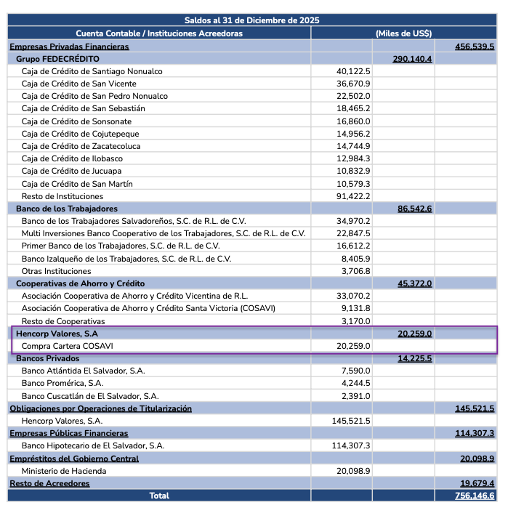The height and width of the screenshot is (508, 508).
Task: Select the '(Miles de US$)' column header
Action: [403, 33]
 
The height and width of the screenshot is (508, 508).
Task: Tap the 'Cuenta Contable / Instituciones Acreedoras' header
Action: [159, 33]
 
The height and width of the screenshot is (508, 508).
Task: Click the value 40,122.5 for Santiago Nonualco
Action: [353, 71]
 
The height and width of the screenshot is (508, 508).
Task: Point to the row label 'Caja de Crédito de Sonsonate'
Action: [76, 121]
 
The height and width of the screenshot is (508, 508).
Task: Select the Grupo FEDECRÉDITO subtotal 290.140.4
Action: [412, 59]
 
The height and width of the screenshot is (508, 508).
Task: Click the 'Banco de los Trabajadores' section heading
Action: [66, 209]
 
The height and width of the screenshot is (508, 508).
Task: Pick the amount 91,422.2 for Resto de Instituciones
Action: [353, 196]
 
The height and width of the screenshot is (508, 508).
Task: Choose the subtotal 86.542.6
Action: [414, 209]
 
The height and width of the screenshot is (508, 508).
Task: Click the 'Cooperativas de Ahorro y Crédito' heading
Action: [80, 283]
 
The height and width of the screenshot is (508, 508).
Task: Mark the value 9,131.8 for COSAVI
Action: [356, 308]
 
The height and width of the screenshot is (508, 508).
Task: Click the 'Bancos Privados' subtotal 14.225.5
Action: [414, 358]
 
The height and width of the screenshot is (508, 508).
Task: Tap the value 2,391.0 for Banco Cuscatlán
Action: [356, 396]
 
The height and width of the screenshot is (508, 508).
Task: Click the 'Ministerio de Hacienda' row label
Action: [64, 471]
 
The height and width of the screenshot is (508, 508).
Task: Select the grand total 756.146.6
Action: [475, 496]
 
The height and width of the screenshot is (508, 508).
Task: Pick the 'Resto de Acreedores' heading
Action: [49, 483]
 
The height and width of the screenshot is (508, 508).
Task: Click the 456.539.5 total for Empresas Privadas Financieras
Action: [475, 47]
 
